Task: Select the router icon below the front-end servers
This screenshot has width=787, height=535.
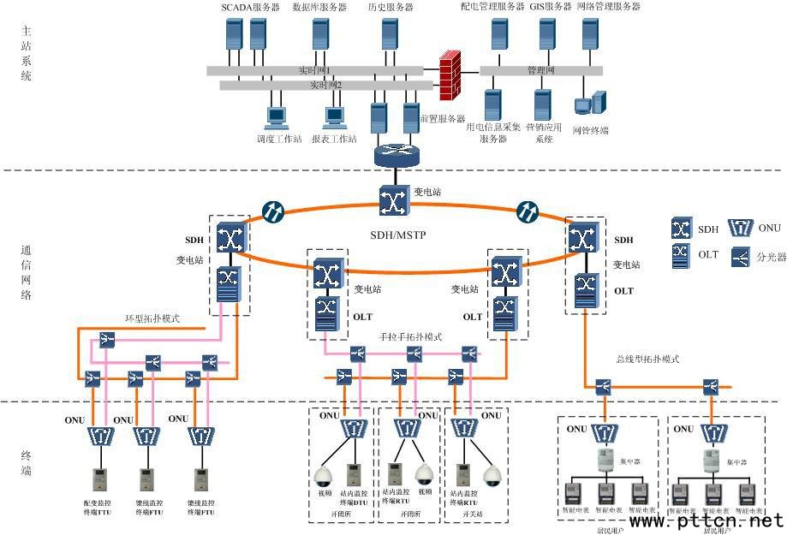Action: pos(396,155)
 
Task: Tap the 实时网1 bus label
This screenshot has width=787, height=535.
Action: pos(314,70)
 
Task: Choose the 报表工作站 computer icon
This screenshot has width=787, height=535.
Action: pos(334,117)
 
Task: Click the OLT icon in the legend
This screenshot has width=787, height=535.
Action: pos(682,255)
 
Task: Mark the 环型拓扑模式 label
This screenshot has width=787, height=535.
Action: pos(153,318)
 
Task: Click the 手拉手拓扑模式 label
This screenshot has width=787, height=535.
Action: pos(411,337)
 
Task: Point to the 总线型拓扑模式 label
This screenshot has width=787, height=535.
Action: pos(647,360)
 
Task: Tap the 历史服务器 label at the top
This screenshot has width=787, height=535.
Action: pos(391,7)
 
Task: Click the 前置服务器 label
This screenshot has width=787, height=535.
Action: pos(443,119)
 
